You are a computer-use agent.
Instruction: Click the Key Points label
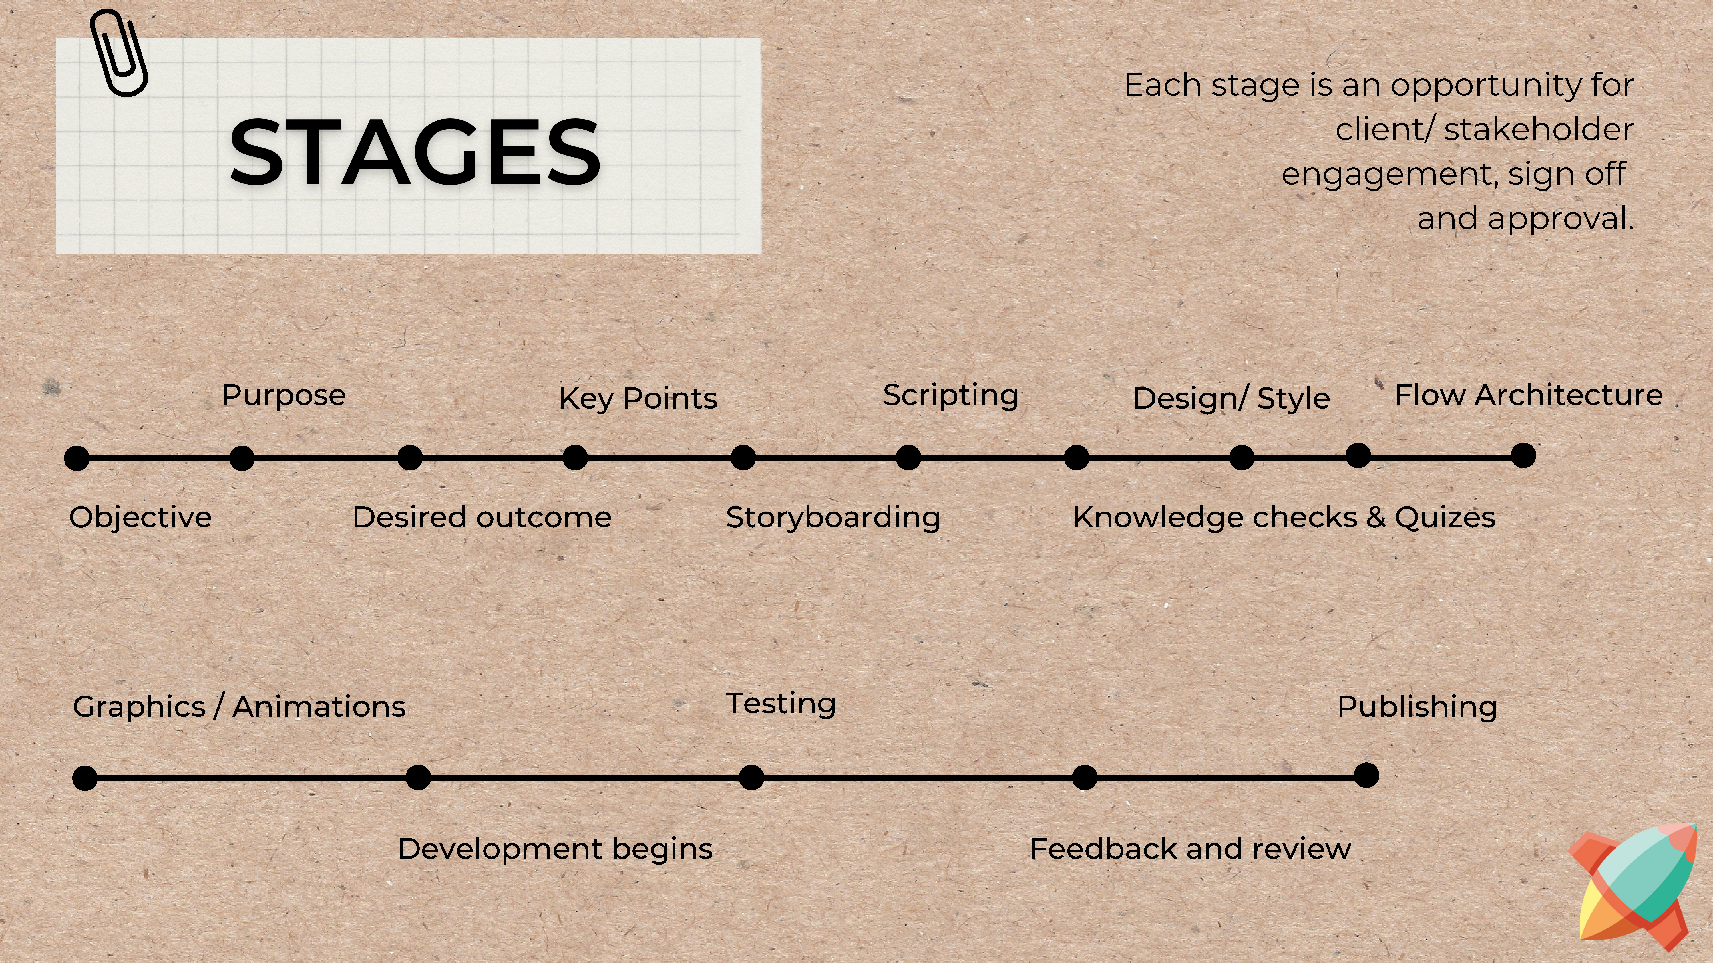638,399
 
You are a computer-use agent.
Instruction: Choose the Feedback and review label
1190,849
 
